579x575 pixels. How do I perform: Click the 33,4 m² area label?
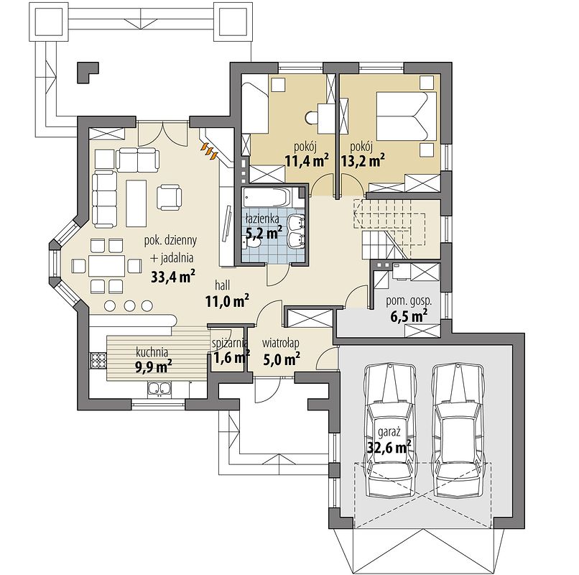click(x=173, y=277)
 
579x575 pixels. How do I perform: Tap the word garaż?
click(x=387, y=432)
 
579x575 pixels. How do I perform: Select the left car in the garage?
click(x=389, y=431)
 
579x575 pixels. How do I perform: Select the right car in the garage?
click(x=459, y=431)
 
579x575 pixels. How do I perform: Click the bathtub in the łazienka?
click(x=267, y=198)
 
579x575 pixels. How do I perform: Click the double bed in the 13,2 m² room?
click(x=406, y=116)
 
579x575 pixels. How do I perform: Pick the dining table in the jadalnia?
click(x=106, y=266)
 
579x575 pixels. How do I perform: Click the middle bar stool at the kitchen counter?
click(x=129, y=305)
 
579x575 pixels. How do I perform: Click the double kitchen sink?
click(x=159, y=388)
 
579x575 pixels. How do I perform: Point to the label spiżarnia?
click(x=229, y=344)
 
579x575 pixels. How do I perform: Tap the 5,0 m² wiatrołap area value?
click(x=282, y=358)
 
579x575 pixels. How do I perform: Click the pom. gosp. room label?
click(x=409, y=301)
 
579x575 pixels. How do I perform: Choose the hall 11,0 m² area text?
click(x=227, y=302)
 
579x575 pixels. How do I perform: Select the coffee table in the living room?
click(x=136, y=203)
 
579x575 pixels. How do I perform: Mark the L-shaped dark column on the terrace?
click(x=88, y=73)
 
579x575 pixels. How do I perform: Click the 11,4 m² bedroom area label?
click(x=307, y=161)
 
